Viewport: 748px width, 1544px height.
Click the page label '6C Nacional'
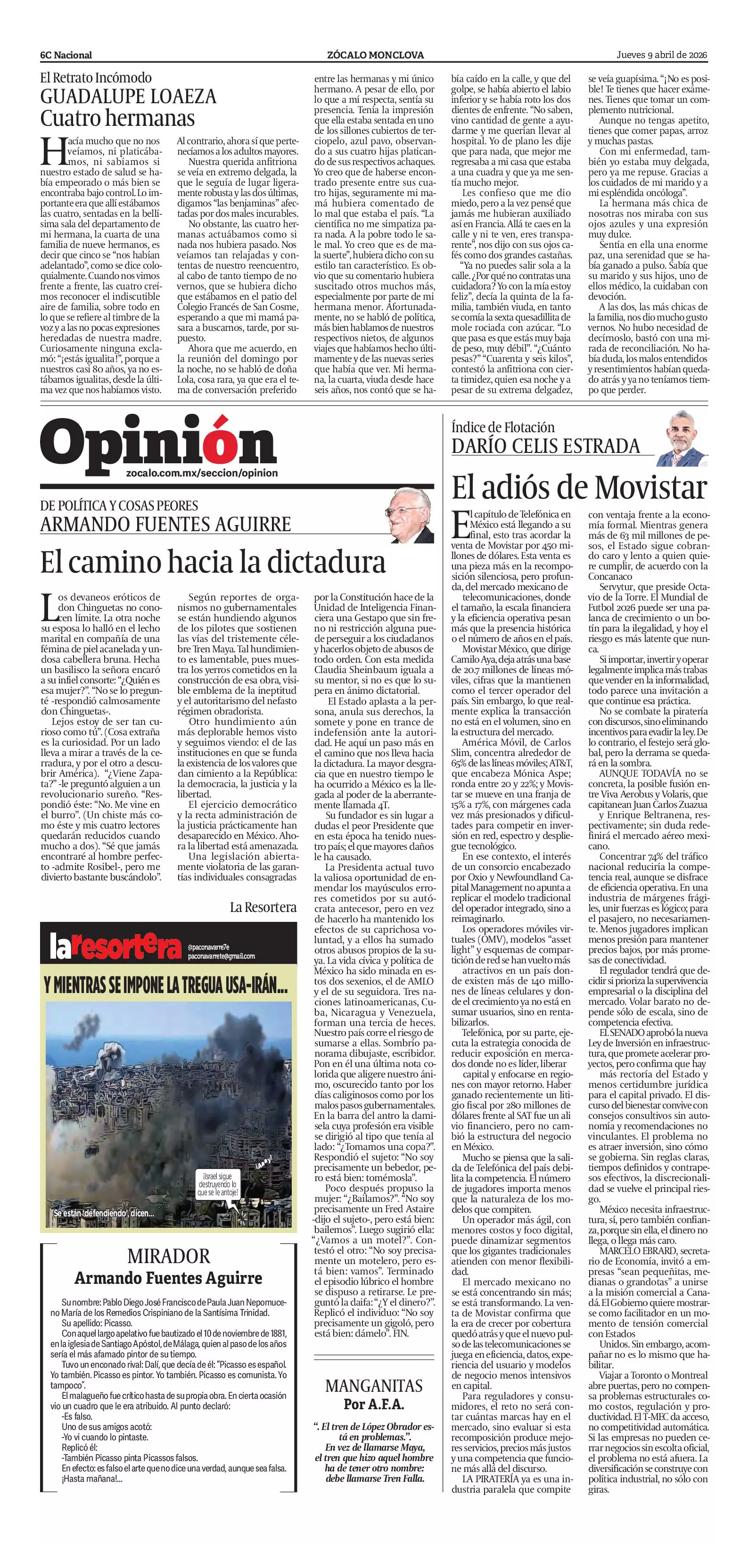66,55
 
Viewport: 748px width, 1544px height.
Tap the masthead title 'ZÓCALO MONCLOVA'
375,55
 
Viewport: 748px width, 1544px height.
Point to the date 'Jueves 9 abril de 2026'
662,55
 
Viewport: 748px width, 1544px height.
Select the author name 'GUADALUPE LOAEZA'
128,97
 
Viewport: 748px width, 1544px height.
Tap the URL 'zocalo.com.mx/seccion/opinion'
202,473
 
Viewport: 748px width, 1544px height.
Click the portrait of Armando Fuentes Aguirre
411,516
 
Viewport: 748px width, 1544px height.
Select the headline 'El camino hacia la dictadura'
213,562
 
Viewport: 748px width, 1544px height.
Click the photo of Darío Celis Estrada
682,439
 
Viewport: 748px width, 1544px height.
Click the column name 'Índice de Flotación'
503,427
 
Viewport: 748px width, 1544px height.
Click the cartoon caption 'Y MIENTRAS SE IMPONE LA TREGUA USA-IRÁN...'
166,986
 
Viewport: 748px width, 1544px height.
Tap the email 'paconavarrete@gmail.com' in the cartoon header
221,956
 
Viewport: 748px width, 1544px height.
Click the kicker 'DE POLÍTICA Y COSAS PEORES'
119,505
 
